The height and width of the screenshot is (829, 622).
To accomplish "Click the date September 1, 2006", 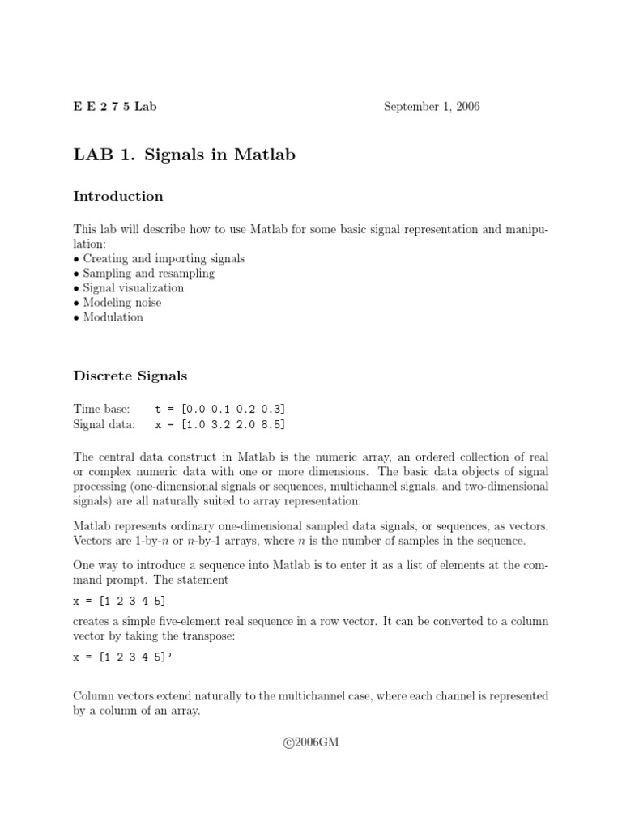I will click(432, 107).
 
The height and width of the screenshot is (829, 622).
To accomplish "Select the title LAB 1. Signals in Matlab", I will click(185, 155).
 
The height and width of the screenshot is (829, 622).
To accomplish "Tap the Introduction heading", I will click(118, 197).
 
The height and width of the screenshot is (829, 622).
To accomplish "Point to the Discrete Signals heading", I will click(130, 376).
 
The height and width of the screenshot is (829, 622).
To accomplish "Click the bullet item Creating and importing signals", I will click(164, 259).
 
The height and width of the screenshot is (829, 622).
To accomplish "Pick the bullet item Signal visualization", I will click(133, 288).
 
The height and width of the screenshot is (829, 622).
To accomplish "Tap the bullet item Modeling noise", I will click(121, 303).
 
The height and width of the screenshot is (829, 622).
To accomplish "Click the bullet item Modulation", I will click(113, 317).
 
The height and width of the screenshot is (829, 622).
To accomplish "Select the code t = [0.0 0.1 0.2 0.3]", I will click(220, 410).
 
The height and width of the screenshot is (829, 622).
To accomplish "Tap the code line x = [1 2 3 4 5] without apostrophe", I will click(121, 600).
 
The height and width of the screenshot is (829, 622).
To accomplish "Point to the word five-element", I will click(206, 621).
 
